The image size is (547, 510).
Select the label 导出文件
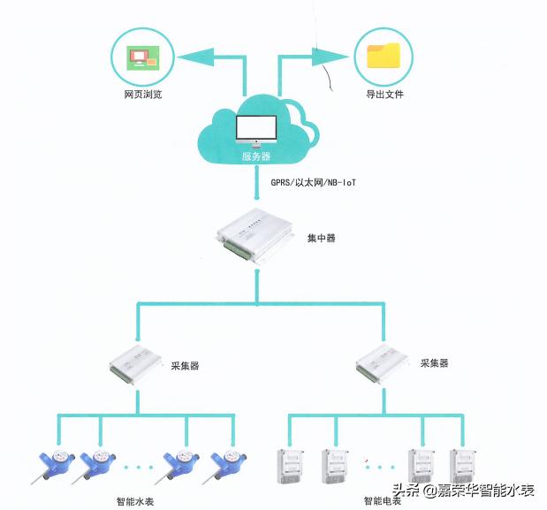[x=384, y=95]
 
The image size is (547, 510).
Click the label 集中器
[x=321, y=239]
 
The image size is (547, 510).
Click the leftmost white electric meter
[x=285, y=467]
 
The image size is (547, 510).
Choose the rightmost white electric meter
[x=463, y=467]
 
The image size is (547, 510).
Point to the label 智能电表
[x=383, y=501]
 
